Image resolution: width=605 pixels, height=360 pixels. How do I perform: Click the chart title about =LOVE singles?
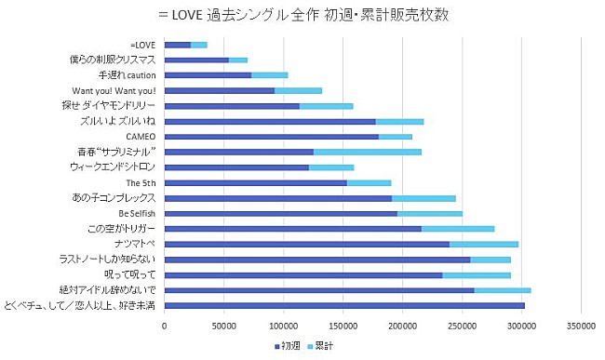coord(303,14)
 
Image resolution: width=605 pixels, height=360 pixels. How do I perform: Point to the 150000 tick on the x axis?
coord(343,326)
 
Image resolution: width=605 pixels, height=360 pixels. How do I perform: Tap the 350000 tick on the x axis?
coord(582,326)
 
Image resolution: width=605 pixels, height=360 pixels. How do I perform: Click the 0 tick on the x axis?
coord(165,326)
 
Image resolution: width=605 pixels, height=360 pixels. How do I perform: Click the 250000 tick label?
coord(463,326)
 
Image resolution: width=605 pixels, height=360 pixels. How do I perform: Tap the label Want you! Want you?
coord(114,90)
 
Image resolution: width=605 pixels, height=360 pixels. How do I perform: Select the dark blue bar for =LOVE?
coord(177,45)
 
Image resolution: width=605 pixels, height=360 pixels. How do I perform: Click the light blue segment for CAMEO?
coord(396,137)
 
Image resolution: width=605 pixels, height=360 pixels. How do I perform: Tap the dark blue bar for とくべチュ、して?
coord(344,305)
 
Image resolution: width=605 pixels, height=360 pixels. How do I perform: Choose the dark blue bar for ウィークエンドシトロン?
coord(236,167)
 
